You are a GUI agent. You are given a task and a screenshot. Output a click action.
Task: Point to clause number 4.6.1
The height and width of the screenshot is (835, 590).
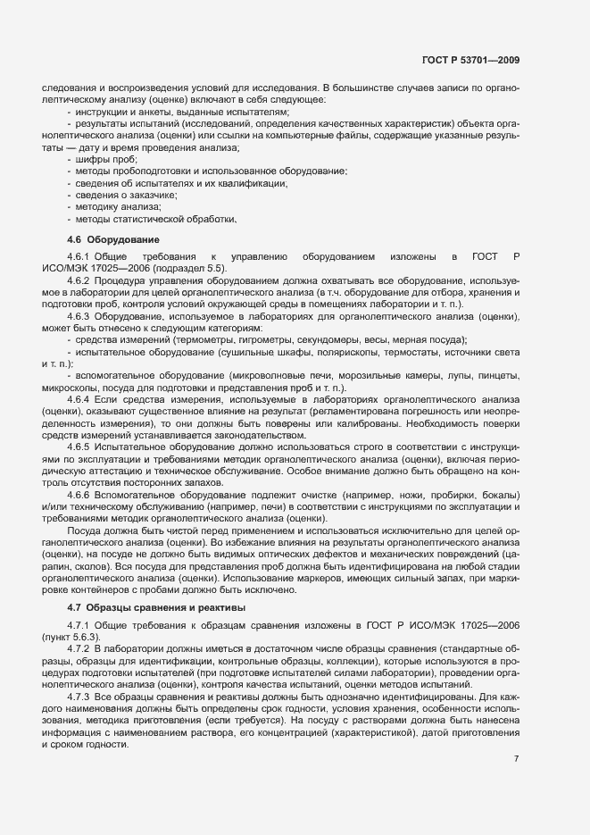point(79,256)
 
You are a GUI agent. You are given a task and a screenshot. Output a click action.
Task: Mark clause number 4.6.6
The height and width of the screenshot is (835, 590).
point(79,494)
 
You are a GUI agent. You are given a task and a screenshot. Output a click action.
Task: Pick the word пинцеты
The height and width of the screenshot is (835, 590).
point(499,376)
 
